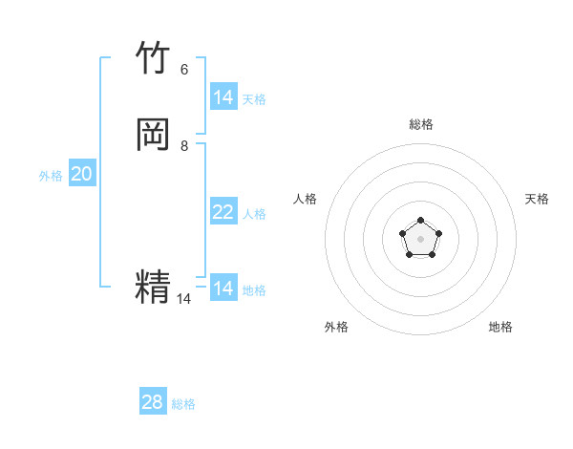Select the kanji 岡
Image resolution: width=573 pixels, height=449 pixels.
(154, 136)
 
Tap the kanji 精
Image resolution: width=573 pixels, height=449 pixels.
(154, 288)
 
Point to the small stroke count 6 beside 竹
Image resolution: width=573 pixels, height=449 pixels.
(184, 70)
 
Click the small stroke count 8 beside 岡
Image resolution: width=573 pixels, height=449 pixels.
(184, 146)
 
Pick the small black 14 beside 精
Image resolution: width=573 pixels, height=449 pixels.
(183, 299)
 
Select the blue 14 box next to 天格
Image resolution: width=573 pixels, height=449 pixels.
(223, 97)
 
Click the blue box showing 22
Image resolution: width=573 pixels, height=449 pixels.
(223, 212)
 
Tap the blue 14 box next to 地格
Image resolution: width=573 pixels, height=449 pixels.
(223, 289)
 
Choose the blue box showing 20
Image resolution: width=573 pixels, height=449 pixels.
(82, 174)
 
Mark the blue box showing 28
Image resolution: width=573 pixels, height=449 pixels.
(153, 402)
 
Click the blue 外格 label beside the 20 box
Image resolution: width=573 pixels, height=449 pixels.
(51, 176)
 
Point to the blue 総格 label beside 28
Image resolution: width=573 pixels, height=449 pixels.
(184, 404)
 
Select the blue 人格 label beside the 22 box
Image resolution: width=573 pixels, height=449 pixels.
(255, 214)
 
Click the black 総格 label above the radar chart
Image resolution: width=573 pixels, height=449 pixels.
(421, 124)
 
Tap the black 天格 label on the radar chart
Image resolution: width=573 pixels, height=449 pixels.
(538, 199)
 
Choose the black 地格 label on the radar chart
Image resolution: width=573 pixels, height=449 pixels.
(500, 327)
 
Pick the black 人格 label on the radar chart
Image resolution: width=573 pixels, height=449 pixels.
(306, 199)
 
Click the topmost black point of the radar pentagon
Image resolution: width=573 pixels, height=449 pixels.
(421, 221)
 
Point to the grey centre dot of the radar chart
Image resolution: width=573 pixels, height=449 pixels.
(421, 239)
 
